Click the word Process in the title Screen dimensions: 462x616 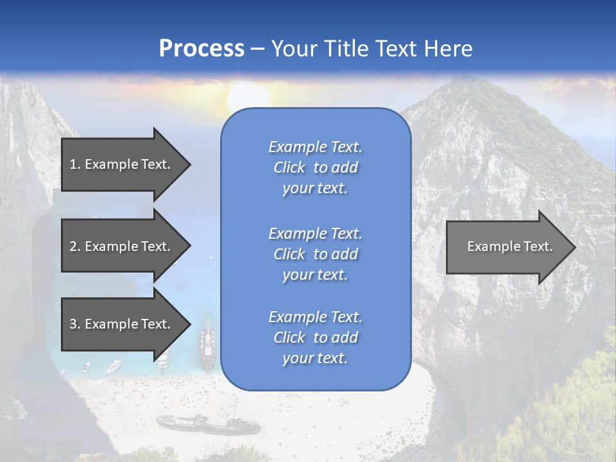pyautogui.click(x=201, y=49)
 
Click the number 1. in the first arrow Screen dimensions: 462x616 pyautogui.click(x=75, y=164)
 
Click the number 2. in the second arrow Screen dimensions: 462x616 pyautogui.click(x=75, y=246)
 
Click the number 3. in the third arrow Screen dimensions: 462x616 pyautogui.click(x=75, y=324)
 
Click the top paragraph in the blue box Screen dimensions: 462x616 pyautogui.click(x=315, y=167)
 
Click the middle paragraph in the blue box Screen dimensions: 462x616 pyautogui.click(x=315, y=254)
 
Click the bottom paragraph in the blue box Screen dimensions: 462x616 pyautogui.click(x=315, y=338)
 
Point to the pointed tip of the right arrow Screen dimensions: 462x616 pyautogui.click(x=574, y=247)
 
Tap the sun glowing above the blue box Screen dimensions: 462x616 pyautogui.click(x=249, y=96)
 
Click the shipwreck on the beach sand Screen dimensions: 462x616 pyautogui.click(x=207, y=424)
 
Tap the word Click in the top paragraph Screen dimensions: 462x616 pyautogui.click(x=289, y=167)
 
